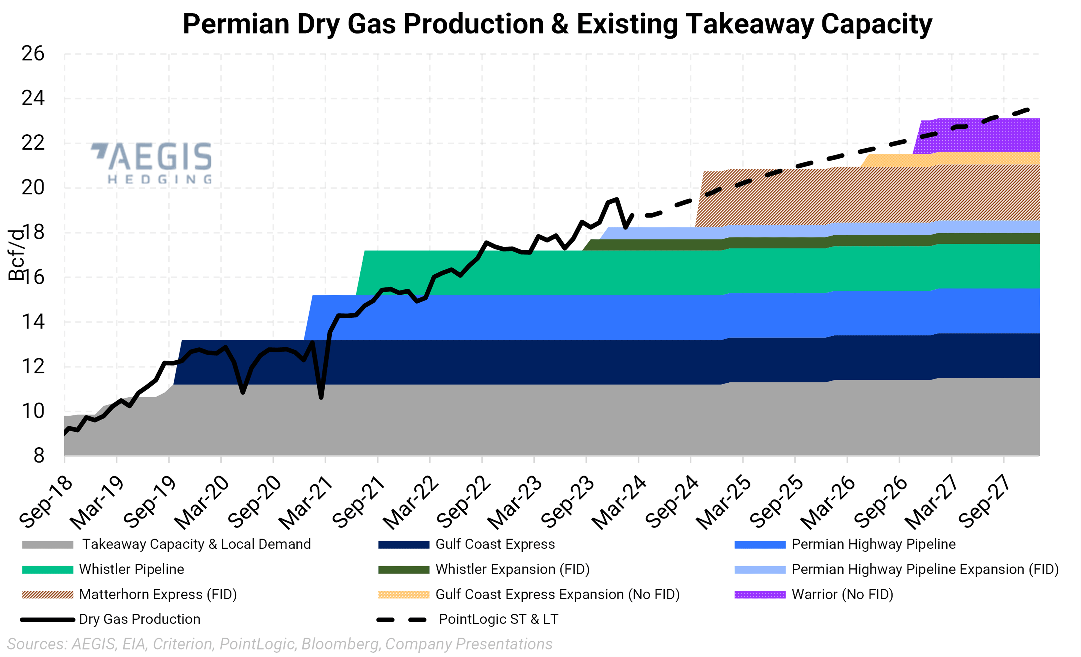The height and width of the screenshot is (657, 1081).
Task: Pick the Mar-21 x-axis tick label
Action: coord(306,503)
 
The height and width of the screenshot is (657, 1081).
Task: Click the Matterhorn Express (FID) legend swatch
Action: coord(47,595)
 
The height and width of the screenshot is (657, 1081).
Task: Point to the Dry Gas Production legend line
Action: coord(47,620)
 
